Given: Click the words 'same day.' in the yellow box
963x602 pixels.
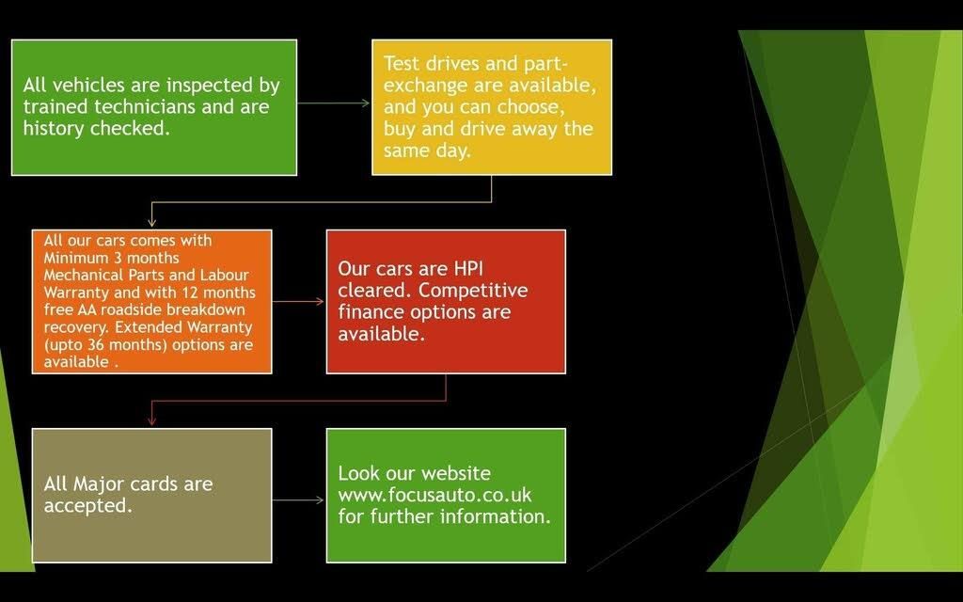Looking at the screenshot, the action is tap(427, 150).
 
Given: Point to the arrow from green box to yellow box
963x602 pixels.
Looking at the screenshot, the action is tap(334, 103).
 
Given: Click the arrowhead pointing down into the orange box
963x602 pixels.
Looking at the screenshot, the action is tap(151, 222).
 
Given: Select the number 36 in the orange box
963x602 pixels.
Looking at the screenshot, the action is tap(96, 344).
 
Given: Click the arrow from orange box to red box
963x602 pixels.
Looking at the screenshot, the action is tap(298, 302).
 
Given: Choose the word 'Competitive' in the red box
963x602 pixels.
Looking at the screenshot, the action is tap(473, 291).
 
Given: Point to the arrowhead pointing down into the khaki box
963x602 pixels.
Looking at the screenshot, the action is tap(151, 420).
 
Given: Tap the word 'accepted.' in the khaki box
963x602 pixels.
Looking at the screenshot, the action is tap(87, 505).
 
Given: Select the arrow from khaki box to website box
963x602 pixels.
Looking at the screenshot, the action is tap(298, 500).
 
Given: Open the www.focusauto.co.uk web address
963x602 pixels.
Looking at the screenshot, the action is tap(434, 495).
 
